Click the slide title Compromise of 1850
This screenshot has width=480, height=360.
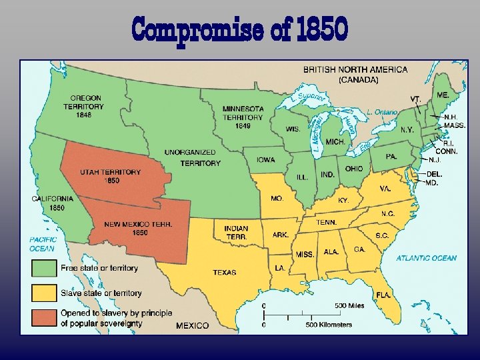[240, 29]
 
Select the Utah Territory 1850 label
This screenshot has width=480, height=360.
[111, 176]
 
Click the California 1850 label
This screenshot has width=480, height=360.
[53, 203]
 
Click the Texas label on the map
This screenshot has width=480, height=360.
[224, 272]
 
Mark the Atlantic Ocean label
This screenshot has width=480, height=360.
[427, 258]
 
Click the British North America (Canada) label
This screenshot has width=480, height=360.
[355, 74]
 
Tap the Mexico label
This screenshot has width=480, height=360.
[192, 325]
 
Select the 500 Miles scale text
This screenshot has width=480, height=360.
[349, 306]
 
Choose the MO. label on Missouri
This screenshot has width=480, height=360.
[276, 199]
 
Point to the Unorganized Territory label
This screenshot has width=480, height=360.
[192, 157]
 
